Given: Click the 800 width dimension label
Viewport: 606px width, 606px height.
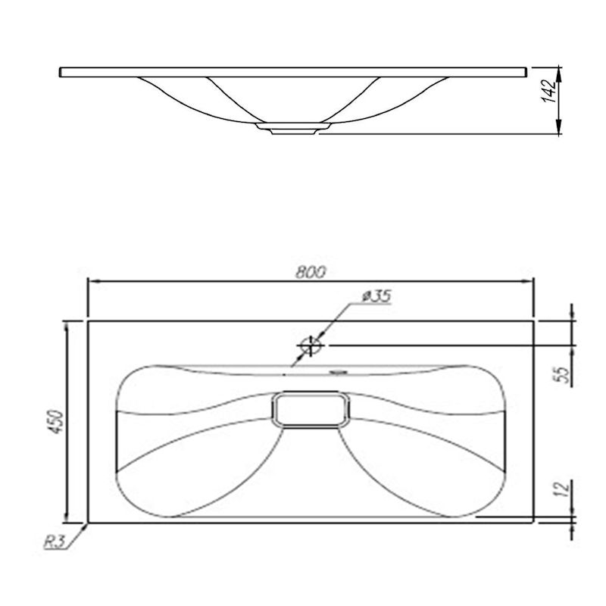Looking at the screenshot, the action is pos(311,273).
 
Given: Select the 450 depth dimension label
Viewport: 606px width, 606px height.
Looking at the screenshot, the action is pos(57,422).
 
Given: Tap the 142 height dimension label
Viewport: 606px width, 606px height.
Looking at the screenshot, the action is pos(549,91).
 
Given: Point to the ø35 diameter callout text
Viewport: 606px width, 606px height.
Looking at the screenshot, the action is pos(376,296).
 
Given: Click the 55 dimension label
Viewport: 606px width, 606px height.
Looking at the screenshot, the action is pos(564,374).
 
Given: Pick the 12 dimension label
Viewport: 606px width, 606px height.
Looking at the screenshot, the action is pos(564,489).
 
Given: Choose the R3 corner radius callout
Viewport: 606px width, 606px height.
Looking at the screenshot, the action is pos(53,542).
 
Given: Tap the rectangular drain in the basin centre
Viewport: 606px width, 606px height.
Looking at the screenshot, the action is pos(311,410).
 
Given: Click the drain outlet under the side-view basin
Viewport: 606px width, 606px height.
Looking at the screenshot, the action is pos(293,129).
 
